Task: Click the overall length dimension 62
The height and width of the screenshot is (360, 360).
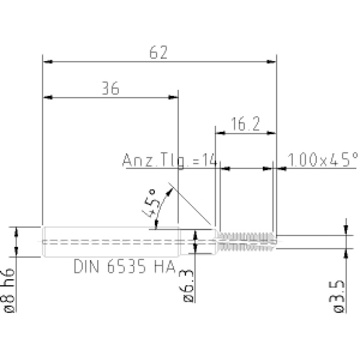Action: coord(159,53)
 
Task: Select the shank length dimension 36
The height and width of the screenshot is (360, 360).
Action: coord(110,88)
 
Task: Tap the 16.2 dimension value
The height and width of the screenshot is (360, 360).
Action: coord(245,124)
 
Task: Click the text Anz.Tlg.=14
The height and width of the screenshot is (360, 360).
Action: coord(169,160)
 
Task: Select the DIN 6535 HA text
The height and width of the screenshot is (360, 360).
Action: coord(125,266)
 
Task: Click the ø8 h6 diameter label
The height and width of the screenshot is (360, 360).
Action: coord(9,290)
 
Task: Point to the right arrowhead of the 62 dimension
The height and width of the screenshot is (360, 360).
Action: coord(271,62)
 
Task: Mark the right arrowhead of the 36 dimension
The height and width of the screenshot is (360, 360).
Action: coord(173,97)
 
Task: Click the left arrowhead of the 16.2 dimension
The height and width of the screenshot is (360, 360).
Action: coord(221,133)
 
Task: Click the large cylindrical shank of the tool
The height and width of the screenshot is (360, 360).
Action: coord(111,242)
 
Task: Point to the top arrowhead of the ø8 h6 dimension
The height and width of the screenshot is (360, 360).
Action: coord(16,232)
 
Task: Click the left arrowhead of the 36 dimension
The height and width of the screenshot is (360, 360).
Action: coord(48,97)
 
